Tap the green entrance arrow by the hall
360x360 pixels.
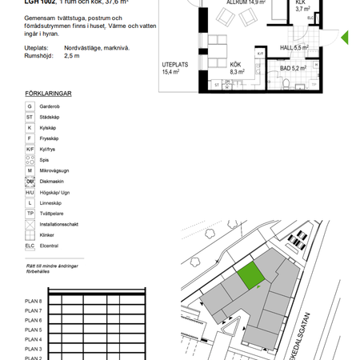tap(345, 38)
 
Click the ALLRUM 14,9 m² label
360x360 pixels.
tap(246, 3)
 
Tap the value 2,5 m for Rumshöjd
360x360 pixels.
tap(72, 57)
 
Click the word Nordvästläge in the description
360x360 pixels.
tap(82, 48)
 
